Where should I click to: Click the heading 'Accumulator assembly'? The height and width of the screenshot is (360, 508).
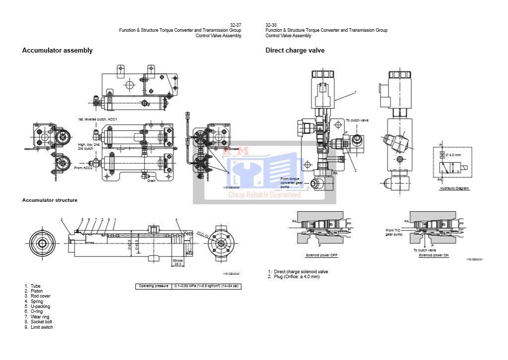(57, 50)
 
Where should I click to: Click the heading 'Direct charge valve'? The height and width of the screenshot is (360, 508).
(295, 50)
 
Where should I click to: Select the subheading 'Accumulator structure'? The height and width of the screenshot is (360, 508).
(50, 200)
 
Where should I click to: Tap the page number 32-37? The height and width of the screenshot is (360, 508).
(236, 25)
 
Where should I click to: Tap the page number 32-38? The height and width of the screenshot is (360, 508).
(271, 25)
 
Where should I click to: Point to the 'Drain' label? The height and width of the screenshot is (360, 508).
(151, 180)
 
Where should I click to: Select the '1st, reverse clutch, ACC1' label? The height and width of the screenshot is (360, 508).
(97, 120)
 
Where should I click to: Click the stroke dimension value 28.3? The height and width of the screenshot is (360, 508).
(178, 264)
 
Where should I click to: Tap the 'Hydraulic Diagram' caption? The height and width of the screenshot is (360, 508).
(454, 188)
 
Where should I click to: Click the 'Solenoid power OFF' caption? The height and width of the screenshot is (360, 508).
(321, 255)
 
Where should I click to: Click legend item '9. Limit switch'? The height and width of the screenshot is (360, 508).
(39, 327)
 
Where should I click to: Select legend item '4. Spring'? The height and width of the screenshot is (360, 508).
(34, 301)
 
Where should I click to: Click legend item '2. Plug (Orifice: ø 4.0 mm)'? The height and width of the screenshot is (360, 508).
(294, 277)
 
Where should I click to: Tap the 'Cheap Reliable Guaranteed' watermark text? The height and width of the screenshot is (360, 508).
(264, 195)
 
